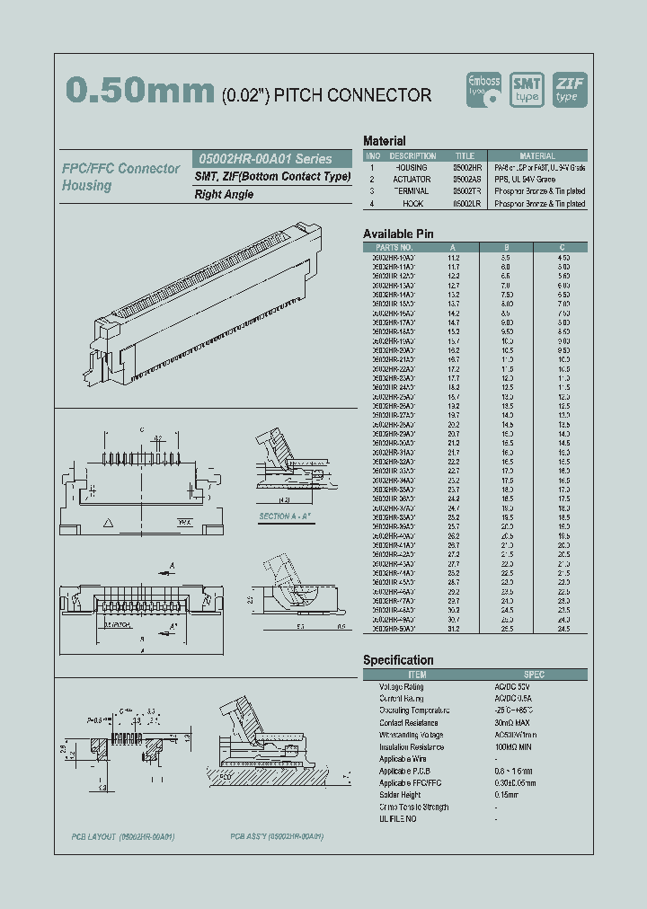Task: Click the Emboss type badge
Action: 486,89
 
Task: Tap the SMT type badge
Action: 527,89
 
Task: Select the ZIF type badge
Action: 569,89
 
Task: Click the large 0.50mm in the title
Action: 140,90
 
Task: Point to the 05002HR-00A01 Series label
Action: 263,158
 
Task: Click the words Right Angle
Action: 224,194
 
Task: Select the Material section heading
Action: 384,141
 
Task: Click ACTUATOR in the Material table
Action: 412,180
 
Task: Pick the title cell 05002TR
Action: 465,191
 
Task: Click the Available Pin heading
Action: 398,234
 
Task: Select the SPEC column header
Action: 534,675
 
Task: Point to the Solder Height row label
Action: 400,795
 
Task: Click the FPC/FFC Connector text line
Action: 120,169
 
